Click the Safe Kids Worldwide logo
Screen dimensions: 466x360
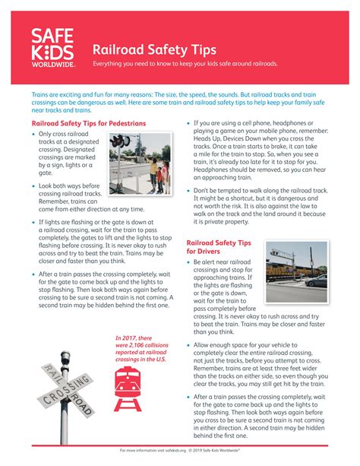(x=54, y=48)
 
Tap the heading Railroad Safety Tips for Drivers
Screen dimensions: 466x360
(x=219, y=248)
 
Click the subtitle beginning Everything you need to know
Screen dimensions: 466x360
(x=185, y=64)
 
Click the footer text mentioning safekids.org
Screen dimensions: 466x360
(x=179, y=450)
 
